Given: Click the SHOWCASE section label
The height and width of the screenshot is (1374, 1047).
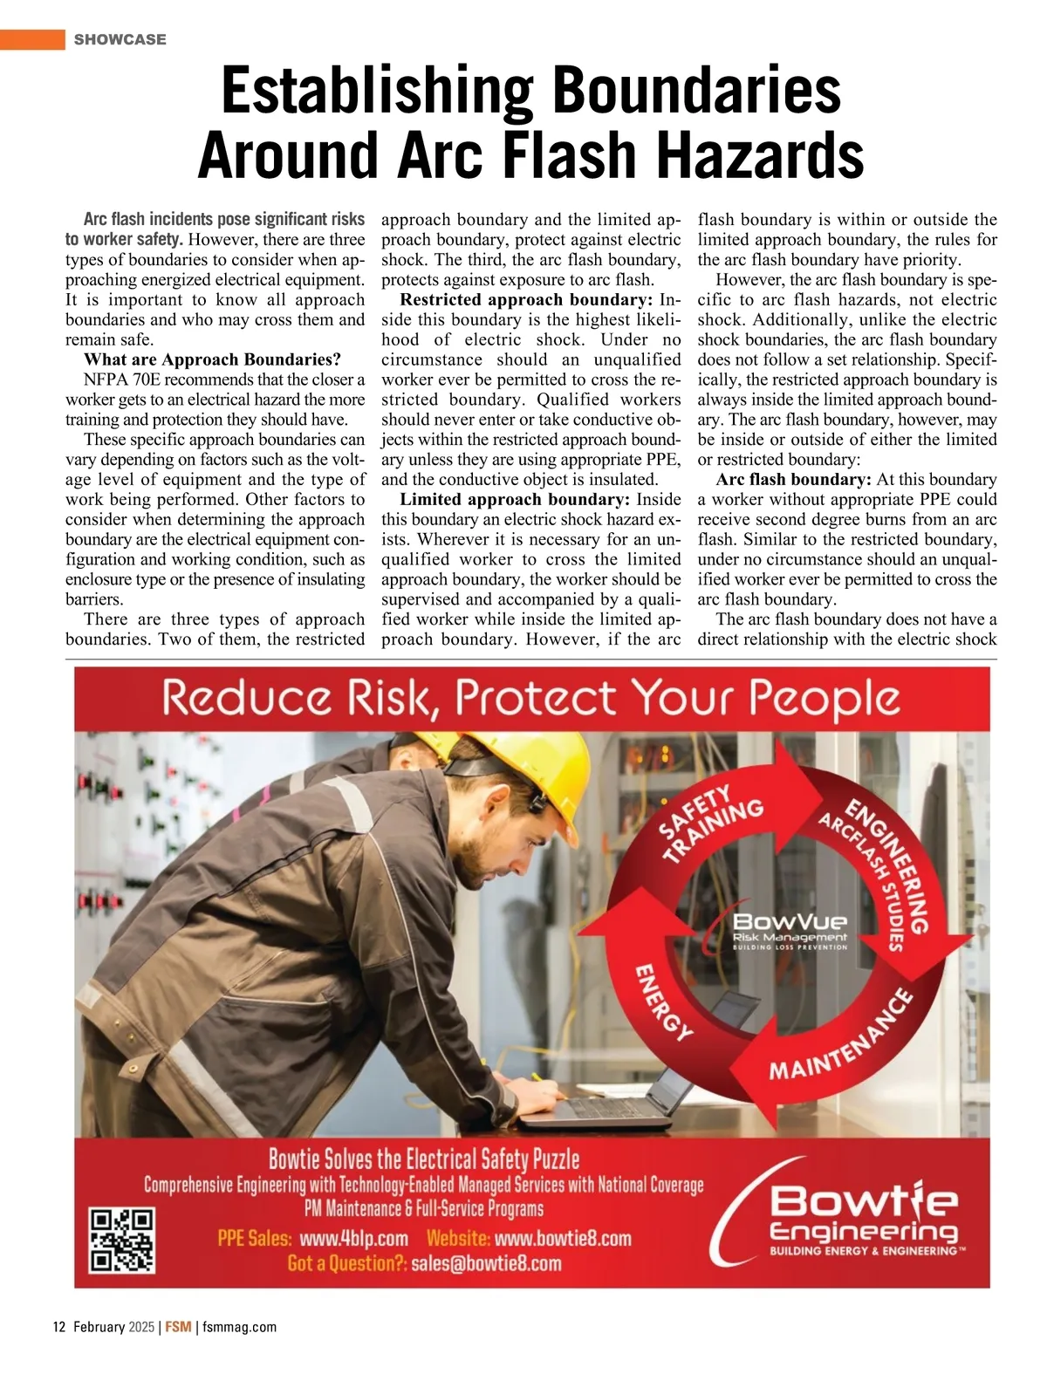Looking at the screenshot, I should (120, 39).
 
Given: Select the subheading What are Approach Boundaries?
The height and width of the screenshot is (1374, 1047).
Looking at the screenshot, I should (212, 359).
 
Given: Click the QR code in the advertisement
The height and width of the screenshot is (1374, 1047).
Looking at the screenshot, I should (122, 1239).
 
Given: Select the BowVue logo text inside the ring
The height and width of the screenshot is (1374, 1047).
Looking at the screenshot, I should (790, 921).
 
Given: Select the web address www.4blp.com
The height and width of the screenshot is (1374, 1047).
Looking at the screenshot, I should (353, 1239).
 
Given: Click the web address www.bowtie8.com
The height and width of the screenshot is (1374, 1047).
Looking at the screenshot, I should (563, 1239).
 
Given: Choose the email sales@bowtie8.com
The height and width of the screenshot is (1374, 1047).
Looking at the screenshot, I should (486, 1263).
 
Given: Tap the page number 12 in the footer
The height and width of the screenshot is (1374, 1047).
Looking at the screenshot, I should (59, 1327).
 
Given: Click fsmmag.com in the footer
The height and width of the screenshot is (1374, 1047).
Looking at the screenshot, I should (239, 1327).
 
